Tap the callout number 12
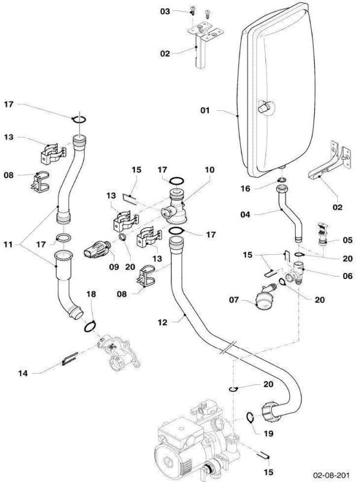[x=163, y=322]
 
